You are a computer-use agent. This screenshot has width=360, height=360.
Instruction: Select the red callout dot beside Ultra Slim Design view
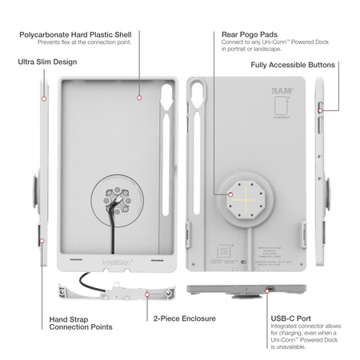pyautogui.click(x=43, y=99)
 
